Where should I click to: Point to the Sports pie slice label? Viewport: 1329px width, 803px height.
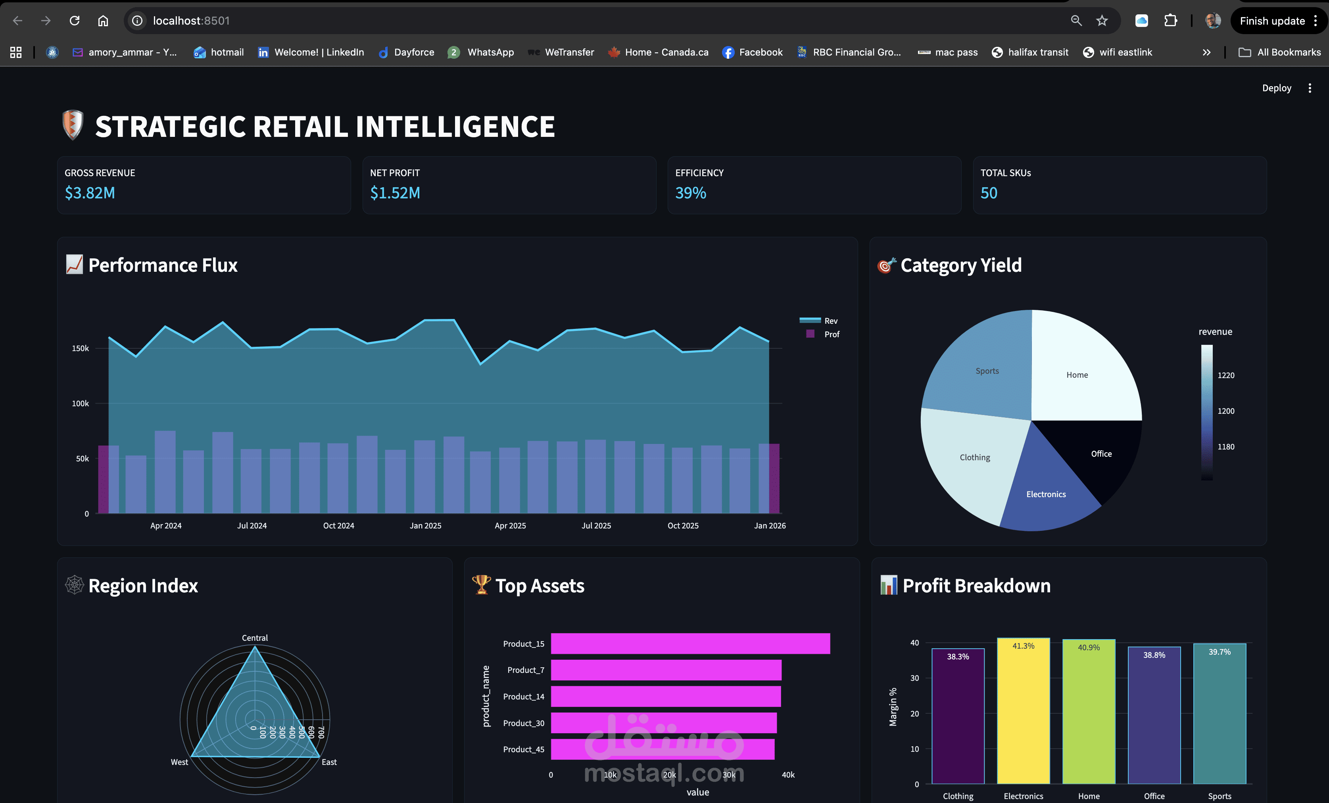click(987, 371)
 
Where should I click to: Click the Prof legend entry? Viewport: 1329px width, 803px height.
click(831, 334)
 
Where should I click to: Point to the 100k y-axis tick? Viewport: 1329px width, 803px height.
click(81, 403)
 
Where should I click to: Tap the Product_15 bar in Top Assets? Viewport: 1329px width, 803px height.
click(690, 644)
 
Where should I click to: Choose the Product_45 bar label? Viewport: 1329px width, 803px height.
click(523, 749)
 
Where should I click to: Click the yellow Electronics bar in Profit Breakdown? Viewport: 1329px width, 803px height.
click(1023, 712)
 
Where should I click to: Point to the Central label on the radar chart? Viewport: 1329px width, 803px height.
click(255, 638)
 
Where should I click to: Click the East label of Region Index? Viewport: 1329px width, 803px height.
click(329, 762)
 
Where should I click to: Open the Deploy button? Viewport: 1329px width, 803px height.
click(1276, 88)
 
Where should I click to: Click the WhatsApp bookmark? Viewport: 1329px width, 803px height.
click(490, 52)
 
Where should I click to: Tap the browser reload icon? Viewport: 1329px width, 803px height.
click(75, 21)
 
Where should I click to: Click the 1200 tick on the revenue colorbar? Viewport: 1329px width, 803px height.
click(1225, 411)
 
